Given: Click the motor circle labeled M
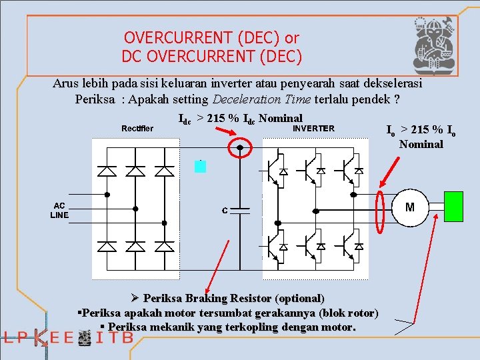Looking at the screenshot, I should (409, 207).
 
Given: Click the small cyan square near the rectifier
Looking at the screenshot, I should (200, 167).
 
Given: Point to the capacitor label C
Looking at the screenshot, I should (225, 211).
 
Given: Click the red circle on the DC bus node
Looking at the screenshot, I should (240, 148).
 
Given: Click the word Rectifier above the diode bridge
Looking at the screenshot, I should (137, 128).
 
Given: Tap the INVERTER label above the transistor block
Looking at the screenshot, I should (314, 128).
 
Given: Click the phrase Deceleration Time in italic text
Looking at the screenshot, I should (261, 100).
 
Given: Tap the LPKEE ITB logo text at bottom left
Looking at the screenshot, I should (67, 338).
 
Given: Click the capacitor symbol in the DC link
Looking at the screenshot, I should (240, 209).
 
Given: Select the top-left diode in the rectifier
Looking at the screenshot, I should (106, 171).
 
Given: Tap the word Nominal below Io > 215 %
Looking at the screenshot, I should (421, 144).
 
